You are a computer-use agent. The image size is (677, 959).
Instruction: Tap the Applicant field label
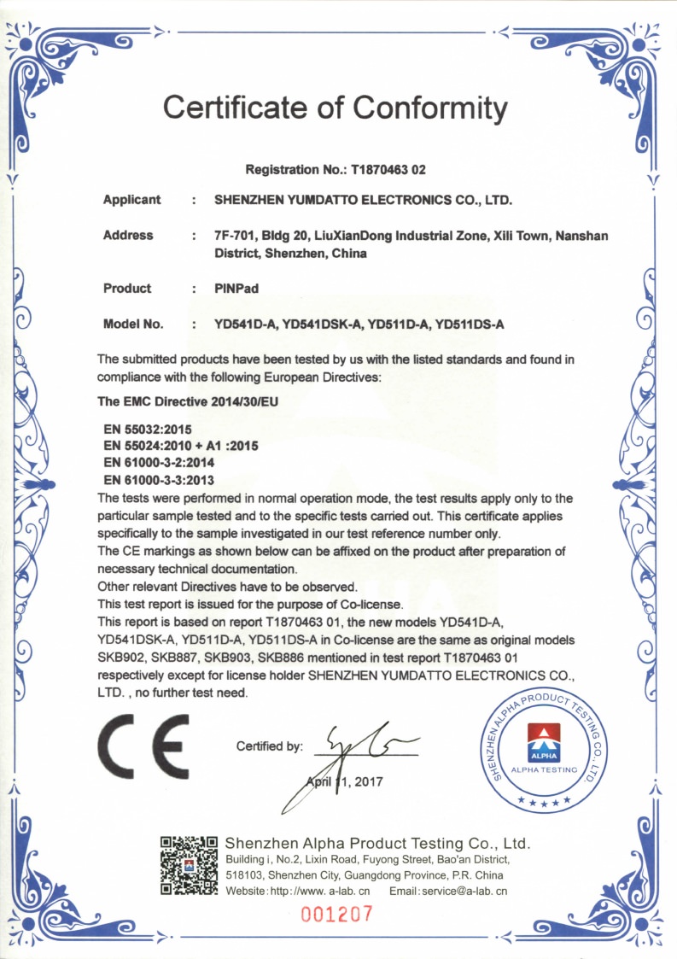(131, 200)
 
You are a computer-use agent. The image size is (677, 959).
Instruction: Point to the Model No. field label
(132, 325)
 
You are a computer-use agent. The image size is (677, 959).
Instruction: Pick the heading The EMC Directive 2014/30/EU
(190, 400)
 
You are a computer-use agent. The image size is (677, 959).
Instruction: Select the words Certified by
(269, 746)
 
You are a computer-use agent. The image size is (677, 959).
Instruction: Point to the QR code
(190, 864)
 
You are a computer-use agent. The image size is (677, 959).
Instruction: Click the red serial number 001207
(337, 914)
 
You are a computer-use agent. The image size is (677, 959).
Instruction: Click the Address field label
(128, 236)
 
